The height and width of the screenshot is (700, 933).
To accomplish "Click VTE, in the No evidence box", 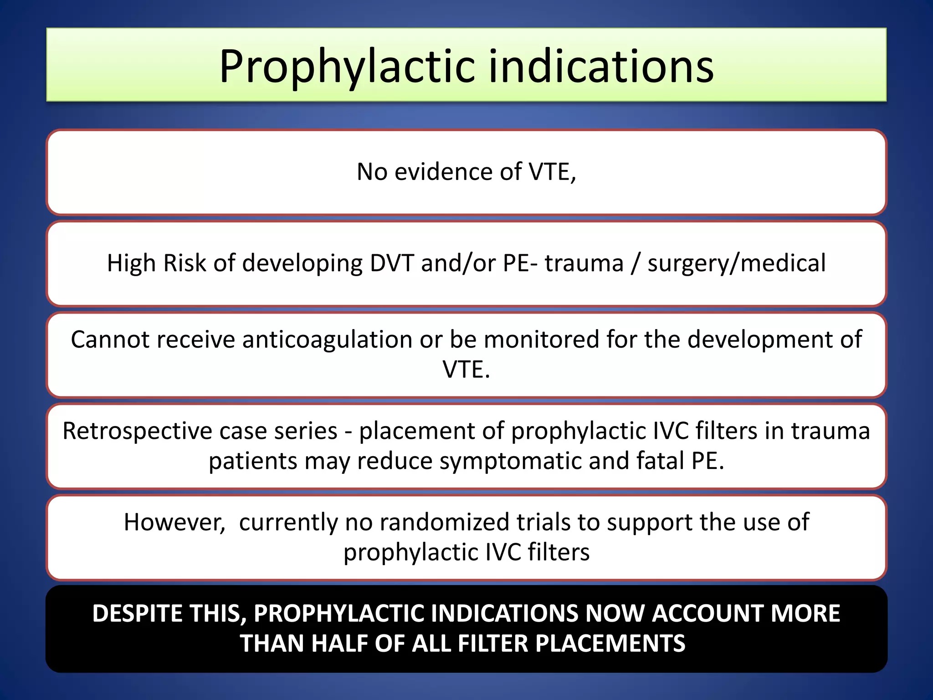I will (552, 172).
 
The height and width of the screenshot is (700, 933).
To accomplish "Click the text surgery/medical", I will (736, 263).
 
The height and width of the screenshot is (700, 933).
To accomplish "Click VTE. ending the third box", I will (466, 369).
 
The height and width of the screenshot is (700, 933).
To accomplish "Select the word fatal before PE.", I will (660, 461).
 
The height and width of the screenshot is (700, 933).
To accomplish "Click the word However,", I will (174, 522).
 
